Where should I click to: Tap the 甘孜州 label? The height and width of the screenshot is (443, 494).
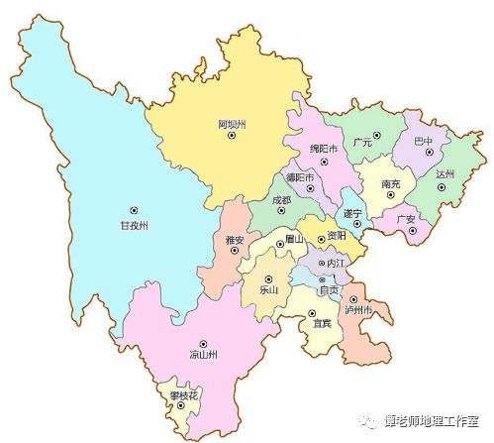pyautogui.click(x=131, y=226)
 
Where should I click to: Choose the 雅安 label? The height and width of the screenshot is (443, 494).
pyautogui.click(x=236, y=238)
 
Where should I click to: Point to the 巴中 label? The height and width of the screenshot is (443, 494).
pyautogui.click(x=424, y=141)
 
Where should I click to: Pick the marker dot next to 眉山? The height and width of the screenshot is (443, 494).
pyautogui.click(x=280, y=240)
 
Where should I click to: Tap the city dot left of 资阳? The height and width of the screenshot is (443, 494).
pyautogui.click(x=320, y=237)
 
